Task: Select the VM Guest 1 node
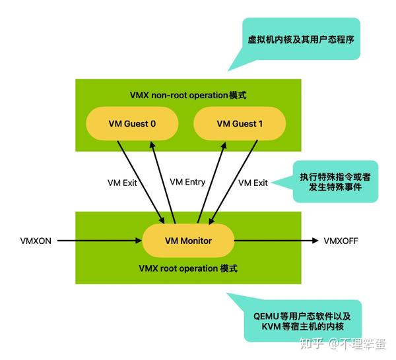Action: click(x=239, y=123)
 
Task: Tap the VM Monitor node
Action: click(x=188, y=241)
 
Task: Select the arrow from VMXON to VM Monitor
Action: click(x=99, y=241)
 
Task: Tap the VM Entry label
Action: click(x=187, y=182)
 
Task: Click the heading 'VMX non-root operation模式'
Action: click(x=187, y=95)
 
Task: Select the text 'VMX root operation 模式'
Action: click(x=188, y=268)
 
